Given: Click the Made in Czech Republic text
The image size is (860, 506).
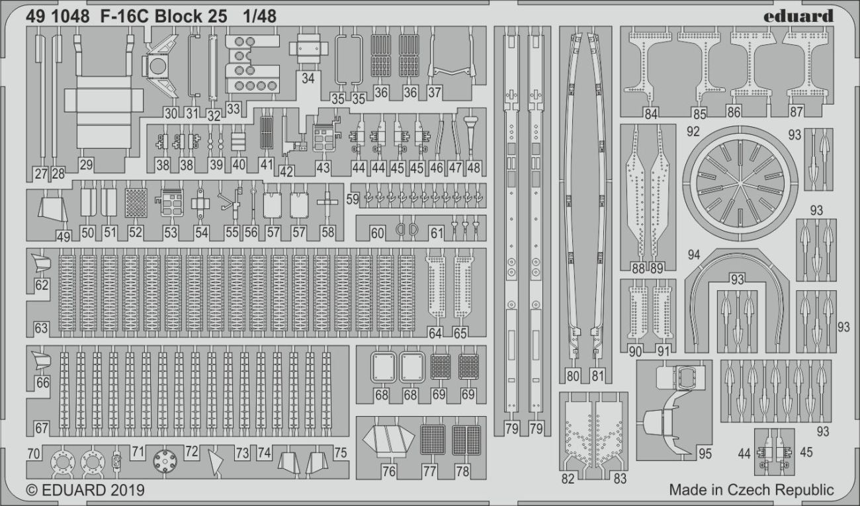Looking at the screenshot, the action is (x=752, y=490).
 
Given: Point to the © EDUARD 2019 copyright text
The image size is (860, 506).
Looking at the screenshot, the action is (x=85, y=491).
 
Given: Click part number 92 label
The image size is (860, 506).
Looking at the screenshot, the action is (x=693, y=131).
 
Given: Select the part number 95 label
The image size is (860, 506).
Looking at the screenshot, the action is (x=704, y=454).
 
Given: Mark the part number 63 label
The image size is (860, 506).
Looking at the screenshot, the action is (x=41, y=327).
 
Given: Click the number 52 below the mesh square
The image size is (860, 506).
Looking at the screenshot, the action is (x=136, y=232).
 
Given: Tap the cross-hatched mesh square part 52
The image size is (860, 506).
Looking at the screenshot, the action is (x=136, y=203).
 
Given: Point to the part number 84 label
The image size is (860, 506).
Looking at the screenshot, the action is (x=651, y=113).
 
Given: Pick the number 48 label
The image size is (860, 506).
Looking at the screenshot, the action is (x=473, y=167).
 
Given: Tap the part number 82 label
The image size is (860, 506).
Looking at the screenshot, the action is (x=568, y=479).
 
